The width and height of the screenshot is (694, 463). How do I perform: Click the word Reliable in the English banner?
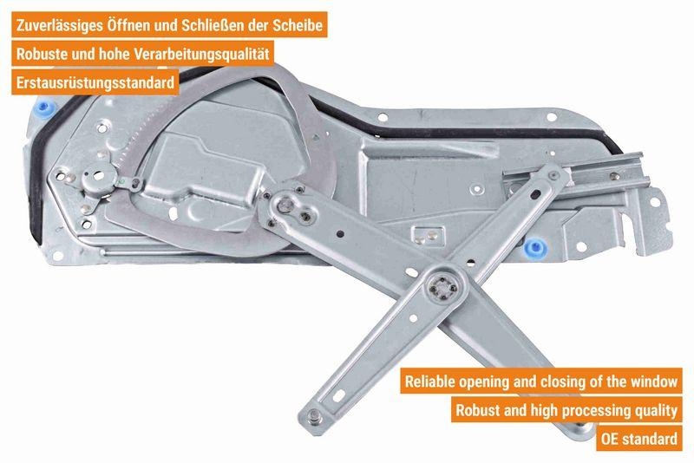coord(431,381)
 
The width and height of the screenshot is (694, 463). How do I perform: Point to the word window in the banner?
coord(653,381)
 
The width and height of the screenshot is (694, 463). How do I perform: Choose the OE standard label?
coord(638,438)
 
